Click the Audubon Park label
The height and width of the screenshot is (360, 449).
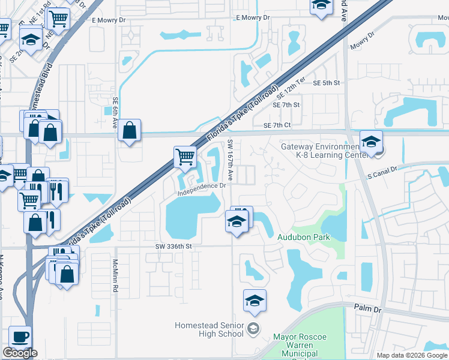pos(304,237)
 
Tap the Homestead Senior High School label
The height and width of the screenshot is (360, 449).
pos(209,329)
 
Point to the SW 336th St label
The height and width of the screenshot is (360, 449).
pos(173,246)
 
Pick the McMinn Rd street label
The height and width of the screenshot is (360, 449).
pos(114,276)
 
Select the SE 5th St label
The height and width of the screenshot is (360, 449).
pos(327,83)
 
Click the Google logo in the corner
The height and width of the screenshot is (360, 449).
pos(20,353)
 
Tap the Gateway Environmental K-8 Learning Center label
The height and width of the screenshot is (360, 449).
pos(320,151)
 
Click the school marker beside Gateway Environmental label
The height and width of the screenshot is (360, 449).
pos(371,142)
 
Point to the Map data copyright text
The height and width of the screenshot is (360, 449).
pos(411,355)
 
